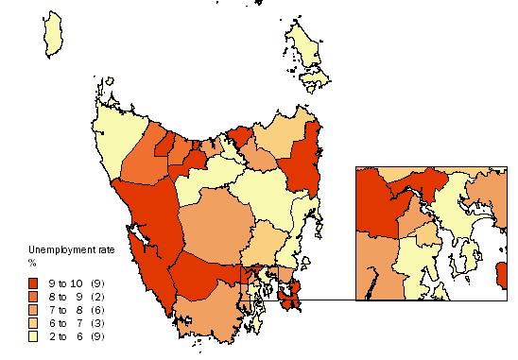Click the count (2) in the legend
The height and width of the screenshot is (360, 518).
coord(97,297)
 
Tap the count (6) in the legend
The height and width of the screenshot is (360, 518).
coord(97,310)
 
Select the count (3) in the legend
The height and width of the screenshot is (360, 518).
coord(97,323)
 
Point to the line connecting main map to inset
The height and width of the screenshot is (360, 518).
coord(326,300)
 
